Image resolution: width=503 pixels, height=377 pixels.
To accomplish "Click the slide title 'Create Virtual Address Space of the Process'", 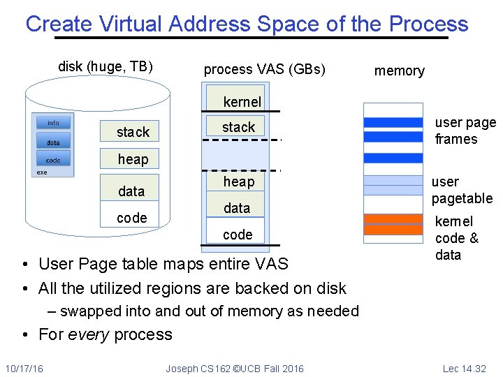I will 247,24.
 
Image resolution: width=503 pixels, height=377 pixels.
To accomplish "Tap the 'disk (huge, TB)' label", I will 105,67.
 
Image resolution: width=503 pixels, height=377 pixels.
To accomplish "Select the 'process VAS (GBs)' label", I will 264,69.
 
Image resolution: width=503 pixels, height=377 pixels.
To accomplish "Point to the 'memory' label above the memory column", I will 399,71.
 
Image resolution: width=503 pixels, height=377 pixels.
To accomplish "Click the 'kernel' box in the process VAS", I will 242,102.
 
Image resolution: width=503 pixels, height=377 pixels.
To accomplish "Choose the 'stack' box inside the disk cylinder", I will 133,132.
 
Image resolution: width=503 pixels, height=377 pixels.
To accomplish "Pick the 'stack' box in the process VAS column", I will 238,127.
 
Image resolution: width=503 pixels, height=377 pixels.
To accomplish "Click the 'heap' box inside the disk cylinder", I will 133,159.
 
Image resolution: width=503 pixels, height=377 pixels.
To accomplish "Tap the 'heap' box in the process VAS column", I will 238,182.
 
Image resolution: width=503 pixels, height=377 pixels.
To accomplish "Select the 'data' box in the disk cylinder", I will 131,191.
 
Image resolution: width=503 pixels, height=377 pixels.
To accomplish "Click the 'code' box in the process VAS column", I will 238,235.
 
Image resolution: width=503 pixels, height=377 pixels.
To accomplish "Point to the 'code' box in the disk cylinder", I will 131,218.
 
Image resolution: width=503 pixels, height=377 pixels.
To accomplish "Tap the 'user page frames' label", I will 464,131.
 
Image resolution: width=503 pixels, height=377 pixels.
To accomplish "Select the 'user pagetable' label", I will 461,190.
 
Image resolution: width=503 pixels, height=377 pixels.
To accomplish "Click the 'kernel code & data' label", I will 456,238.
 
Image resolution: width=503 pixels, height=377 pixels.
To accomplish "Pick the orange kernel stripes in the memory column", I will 394,224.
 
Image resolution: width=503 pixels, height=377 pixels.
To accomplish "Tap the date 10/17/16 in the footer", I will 24,368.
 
